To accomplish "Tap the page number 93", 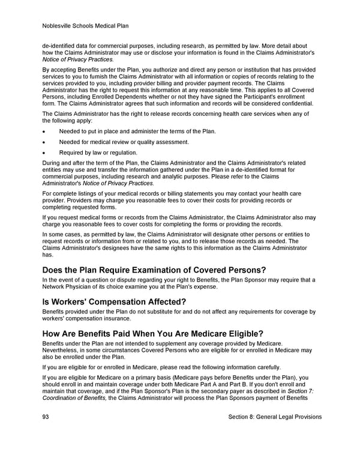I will (x=46, y=417).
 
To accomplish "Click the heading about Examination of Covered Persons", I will (x=154, y=269).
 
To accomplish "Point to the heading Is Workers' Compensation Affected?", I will (x=115, y=301).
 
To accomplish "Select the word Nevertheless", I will (x=61, y=350).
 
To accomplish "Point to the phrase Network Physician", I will (x=68, y=287).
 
